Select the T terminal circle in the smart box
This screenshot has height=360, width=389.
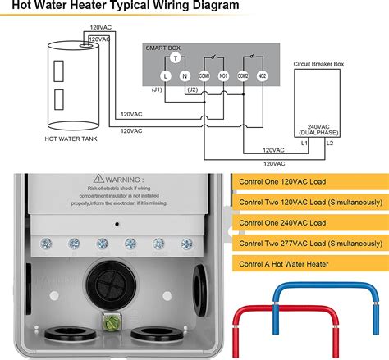176,59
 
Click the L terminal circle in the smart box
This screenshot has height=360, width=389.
164,75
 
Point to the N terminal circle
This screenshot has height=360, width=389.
186,75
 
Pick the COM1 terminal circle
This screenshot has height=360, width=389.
205,75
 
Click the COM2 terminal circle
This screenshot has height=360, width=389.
244,75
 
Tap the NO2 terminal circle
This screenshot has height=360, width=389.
262,75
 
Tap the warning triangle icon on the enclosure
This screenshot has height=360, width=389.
99,178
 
